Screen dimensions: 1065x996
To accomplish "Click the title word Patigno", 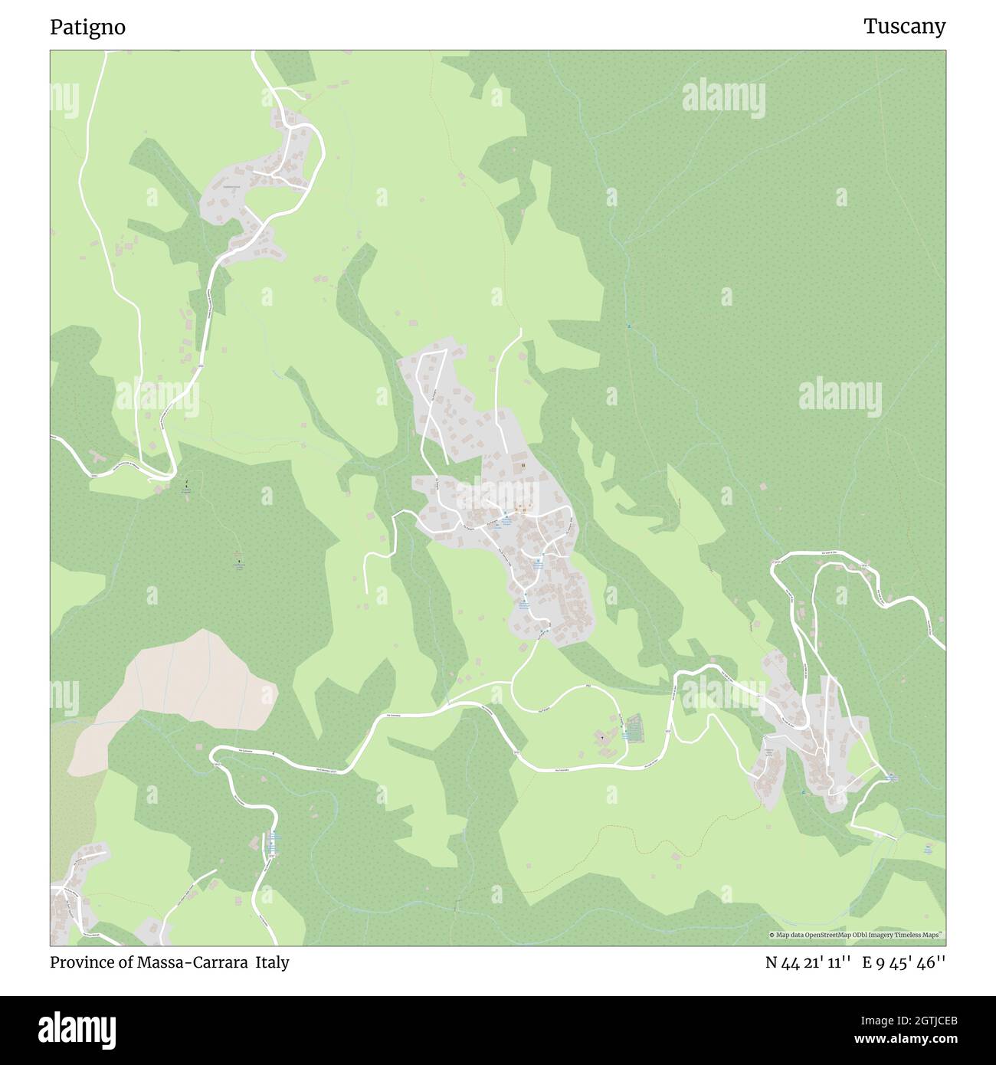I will click(87, 28).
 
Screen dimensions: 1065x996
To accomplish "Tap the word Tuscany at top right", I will click(904, 27).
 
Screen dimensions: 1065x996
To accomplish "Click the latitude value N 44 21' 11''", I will click(808, 962).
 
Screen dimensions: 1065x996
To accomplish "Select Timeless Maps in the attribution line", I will click(918, 935).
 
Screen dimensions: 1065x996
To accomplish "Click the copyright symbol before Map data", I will click(772, 935).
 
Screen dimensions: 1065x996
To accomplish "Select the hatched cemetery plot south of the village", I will click(633, 726).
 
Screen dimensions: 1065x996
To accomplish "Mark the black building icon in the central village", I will click(523, 465).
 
